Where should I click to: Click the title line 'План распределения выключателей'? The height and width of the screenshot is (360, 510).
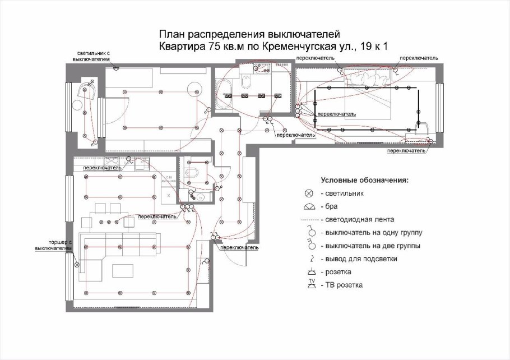point(249,35)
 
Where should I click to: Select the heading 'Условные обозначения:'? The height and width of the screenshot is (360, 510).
point(364,181)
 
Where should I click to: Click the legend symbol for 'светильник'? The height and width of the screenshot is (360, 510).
point(308,193)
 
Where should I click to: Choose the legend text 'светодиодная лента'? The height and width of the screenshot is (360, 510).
point(358,219)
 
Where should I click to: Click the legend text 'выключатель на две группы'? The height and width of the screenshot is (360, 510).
point(371,246)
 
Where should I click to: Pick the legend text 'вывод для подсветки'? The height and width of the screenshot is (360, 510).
point(359,259)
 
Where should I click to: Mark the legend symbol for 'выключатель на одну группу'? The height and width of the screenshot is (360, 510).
point(308,232)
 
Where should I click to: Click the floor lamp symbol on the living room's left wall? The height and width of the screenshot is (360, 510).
point(77,264)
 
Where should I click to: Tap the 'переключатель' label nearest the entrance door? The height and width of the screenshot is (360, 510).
point(239,247)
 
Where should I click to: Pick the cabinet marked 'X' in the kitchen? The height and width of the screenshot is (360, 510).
point(169,196)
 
